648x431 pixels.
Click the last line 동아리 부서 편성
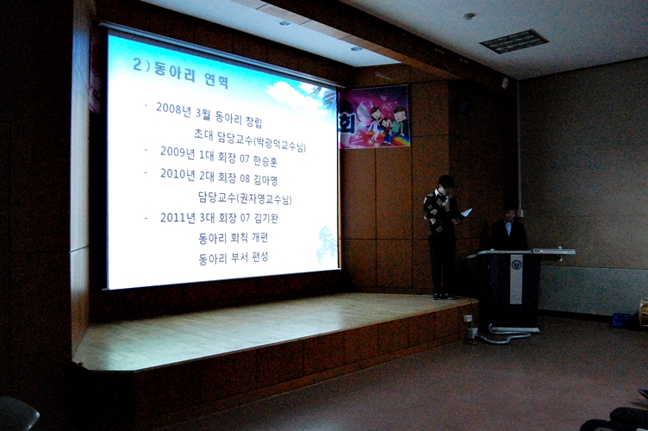pyautogui.click(x=234, y=257)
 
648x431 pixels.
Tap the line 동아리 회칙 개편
pyautogui.click(x=234, y=237)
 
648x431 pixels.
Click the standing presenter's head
pyautogui.click(x=445, y=184)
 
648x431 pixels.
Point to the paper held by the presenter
pyautogui.click(x=465, y=212)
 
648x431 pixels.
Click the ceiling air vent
pyautogui.click(x=514, y=41)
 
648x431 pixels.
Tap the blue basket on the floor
pyautogui.click(x=621, y=319)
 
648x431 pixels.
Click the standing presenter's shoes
pyautogui.click(x=443, y=296)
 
